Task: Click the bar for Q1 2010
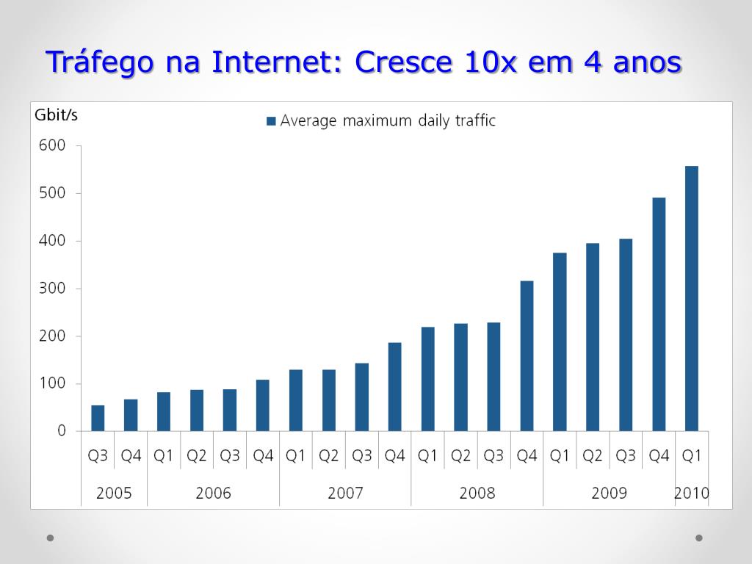pos(692,298)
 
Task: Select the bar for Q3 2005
pos(98,418)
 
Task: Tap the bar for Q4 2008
pos(527,355)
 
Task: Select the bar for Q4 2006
pos(263,405)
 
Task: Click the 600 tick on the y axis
pos(52,145)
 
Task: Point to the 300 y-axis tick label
pos(52,289)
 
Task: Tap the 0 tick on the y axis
pos(62,431)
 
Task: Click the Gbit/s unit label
pos(56,115)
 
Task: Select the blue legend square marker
pos(271,121)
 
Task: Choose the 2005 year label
pos(114,493)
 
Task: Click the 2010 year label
pos(692,493)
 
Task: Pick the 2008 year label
pos(477,493)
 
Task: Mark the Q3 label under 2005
pos(98,456)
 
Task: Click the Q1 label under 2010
pos(692,456)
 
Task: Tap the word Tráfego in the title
pos(100,62)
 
